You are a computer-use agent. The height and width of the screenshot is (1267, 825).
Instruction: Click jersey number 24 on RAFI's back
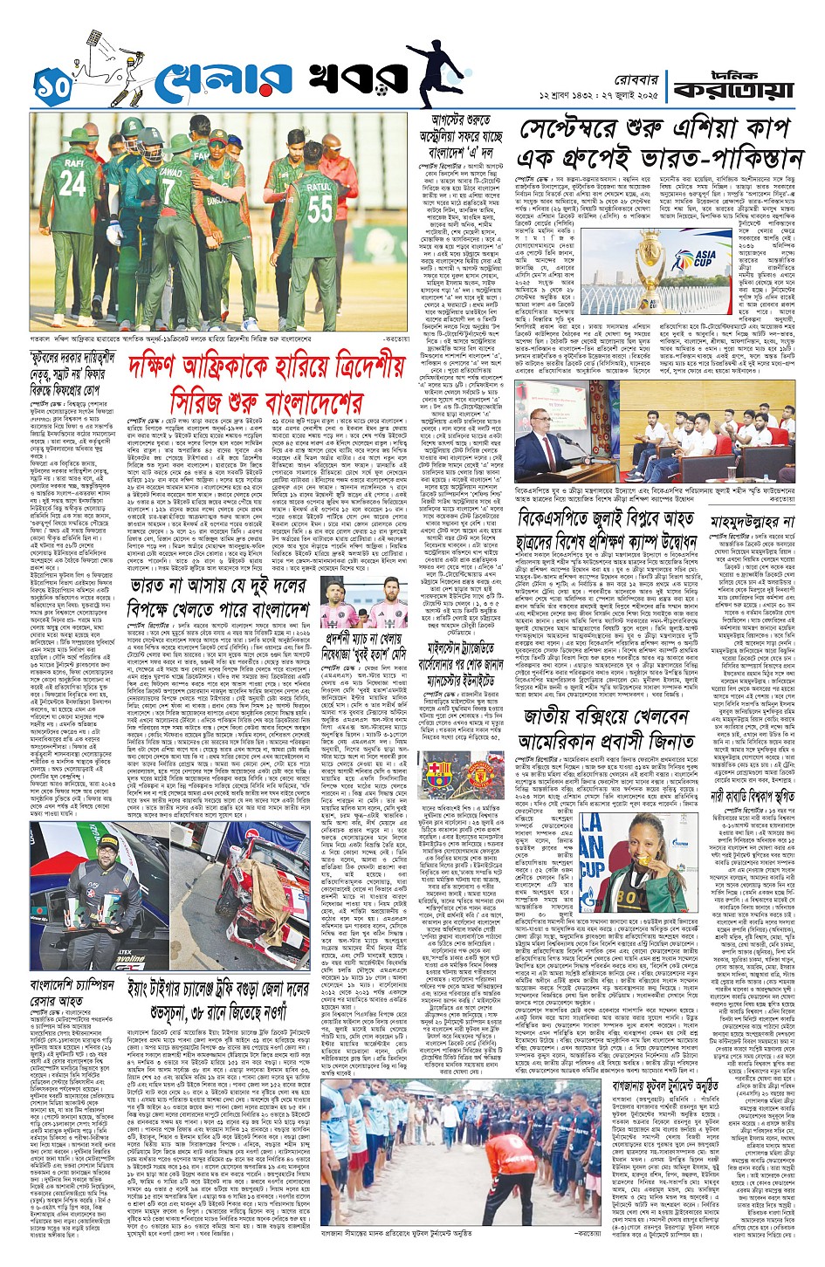(72, 183)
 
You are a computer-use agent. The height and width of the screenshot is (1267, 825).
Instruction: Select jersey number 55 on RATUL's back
(320, 209)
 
